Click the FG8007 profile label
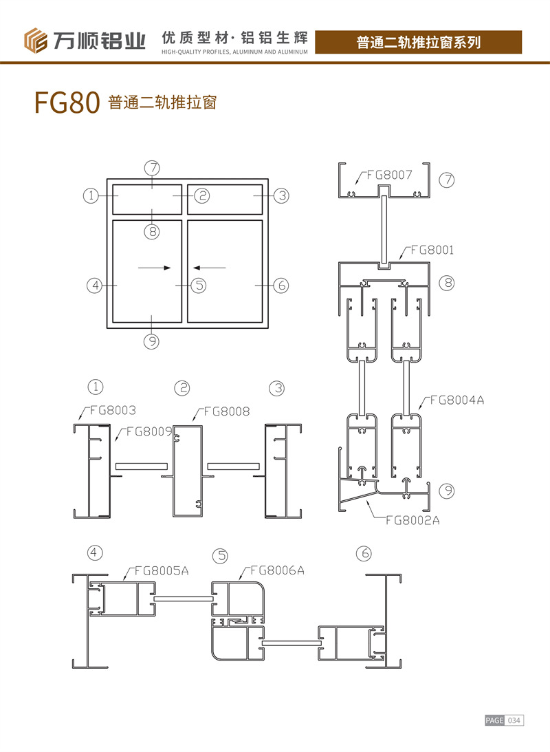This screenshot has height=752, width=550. (389, 175)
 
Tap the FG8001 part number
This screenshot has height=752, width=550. (432, 250)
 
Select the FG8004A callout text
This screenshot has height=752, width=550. (457, 400)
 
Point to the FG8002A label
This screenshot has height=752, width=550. (412, 520)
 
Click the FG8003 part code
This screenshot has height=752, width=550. (113, 411)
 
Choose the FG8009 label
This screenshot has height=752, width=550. (149, 431)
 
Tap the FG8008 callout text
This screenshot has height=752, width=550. (227, 411)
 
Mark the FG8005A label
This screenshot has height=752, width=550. (162, 571)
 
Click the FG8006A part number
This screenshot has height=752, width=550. (278, 570)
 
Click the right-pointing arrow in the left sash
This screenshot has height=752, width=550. (154, 268)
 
